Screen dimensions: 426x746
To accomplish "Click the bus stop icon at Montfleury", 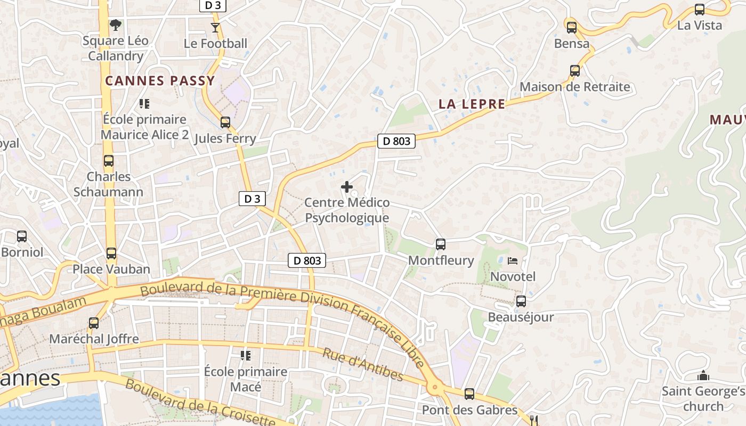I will pos(441,244).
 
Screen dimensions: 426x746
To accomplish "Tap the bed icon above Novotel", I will pos(513,261).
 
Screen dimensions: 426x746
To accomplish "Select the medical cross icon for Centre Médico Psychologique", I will pos(347,187).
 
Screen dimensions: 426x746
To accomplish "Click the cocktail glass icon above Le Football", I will pos(215,27).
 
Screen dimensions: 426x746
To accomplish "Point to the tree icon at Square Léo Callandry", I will pos(115,24).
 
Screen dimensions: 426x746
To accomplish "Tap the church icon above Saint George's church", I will pos(703,376).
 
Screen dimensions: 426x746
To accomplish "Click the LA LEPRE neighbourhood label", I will pos(472,104).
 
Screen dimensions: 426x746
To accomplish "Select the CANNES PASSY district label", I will pos(160,81).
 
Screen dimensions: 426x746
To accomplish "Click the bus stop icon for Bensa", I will pos(572,28).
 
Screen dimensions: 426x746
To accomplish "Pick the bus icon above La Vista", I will pos(700,10).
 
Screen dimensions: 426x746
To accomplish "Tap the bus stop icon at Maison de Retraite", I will pos(575,71).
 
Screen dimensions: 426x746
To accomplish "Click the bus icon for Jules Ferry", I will pos(225,122).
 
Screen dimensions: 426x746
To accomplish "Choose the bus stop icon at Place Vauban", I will pos(111,253).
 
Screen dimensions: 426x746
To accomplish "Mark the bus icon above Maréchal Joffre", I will pos(94,323).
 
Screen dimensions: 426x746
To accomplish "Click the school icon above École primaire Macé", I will pos(246,355).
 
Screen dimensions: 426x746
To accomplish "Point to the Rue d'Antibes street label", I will pos(363,365).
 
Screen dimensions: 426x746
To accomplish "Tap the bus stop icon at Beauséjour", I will pos(521,301).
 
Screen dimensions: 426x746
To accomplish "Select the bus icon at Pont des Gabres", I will pos(469,394).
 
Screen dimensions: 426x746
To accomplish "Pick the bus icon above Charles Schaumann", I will pos(109,161).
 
